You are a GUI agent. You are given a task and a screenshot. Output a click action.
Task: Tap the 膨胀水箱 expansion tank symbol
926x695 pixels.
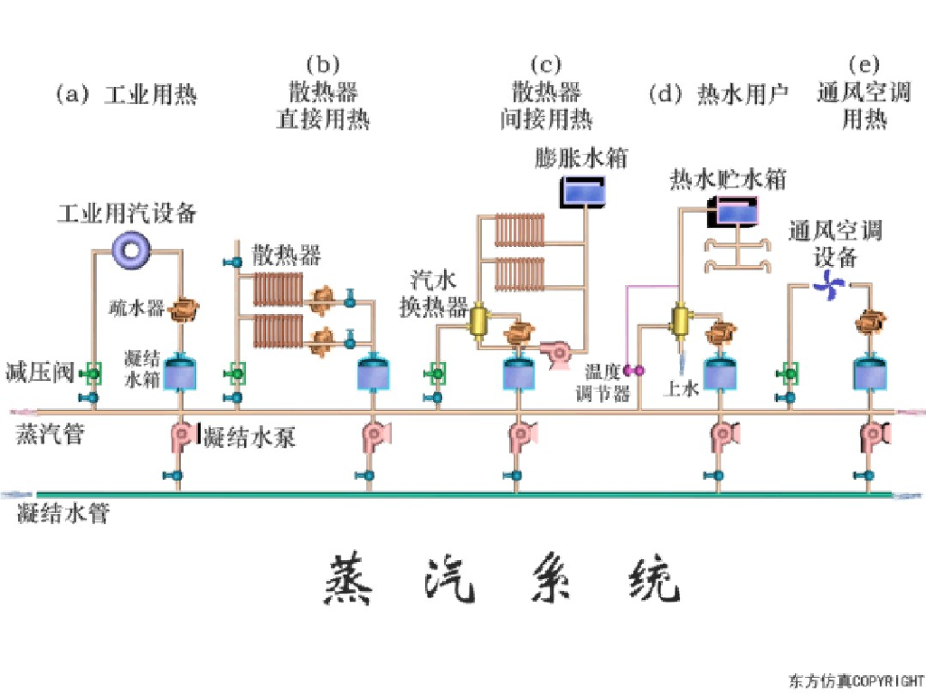click(x=583, y=192)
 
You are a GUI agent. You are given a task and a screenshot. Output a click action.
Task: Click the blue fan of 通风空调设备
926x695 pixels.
click(x=828, y=287)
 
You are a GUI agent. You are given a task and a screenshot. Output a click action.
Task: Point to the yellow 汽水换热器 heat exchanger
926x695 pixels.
click(x=479, y=320)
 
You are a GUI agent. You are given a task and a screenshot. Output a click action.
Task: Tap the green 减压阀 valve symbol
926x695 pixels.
click(x=91, y=372)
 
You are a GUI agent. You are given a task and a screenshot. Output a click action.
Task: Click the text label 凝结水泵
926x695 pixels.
click(x=250, y=437)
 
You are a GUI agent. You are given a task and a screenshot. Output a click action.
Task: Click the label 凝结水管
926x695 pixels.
click(x=63, y=514)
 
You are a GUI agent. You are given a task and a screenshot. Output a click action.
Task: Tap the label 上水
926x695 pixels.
click(x=682, y=389)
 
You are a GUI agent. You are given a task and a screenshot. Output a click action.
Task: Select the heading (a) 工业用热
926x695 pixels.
click(x=126, y=94)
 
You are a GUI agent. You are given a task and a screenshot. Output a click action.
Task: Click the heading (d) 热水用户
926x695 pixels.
click(x=720, y=94)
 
